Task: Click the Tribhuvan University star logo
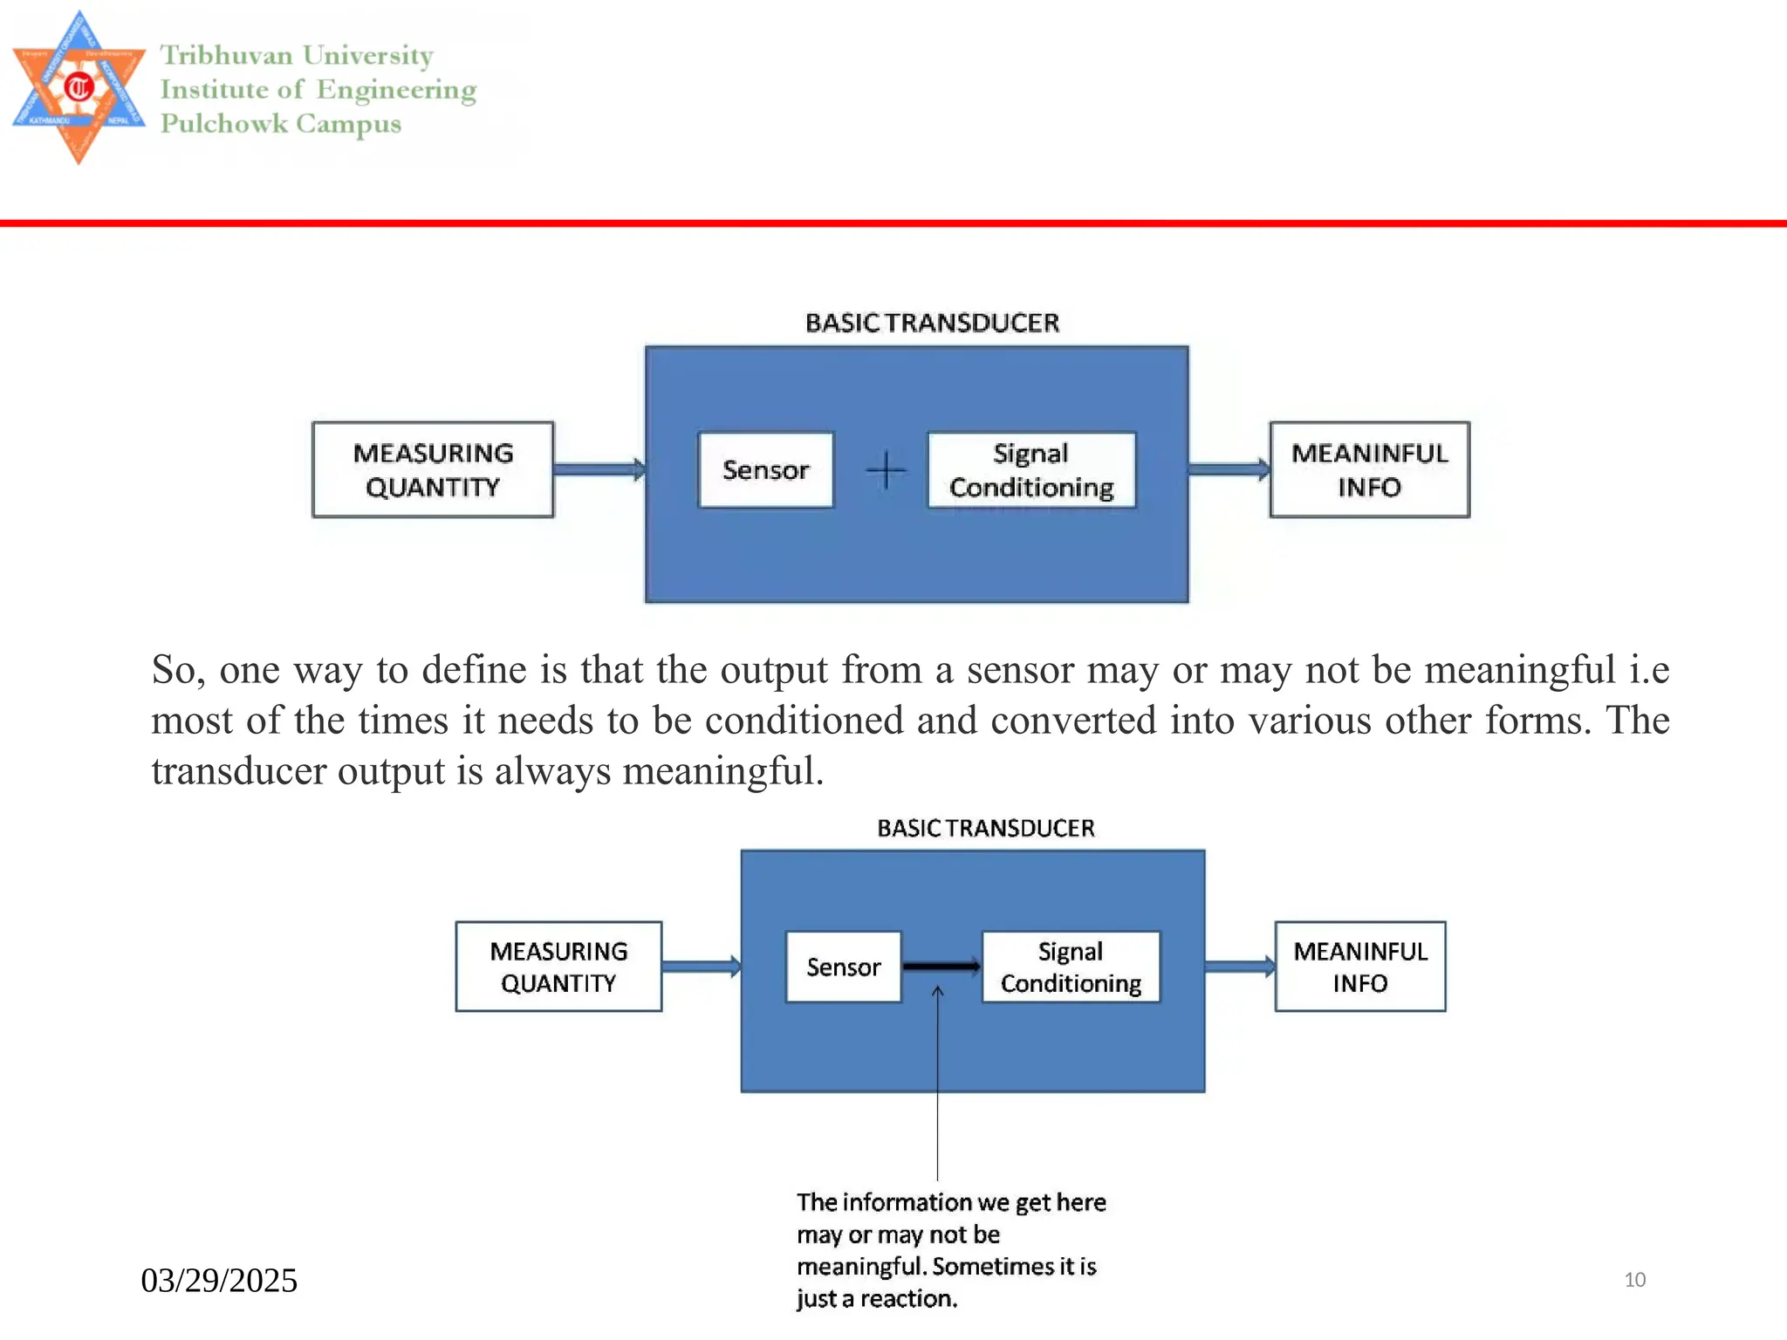[x=79, y=87]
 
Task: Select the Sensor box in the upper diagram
[x=765, y=470]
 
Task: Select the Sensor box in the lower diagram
[x=843, y=967]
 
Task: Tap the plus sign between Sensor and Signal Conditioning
[x=886, y=470]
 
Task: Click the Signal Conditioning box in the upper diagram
[x=1031, y=470]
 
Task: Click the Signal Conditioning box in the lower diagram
[x=1071, y=967]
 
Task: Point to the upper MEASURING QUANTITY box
[x=433, y=470]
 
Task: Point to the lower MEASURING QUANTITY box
[x=558, y=967]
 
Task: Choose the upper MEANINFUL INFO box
[x=1369, y=470]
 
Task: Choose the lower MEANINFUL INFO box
[x=1359, y=967]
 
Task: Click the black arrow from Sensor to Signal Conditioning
[x=941, y=966]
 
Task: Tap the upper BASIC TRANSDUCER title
[x=932, y=324]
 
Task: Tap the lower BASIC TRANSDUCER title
[x=985, y=828]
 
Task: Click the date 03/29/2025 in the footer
[x=219, y=1281]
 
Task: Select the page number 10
[x=1634, y=1280]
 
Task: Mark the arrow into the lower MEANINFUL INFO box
[x=1239, y=967]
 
